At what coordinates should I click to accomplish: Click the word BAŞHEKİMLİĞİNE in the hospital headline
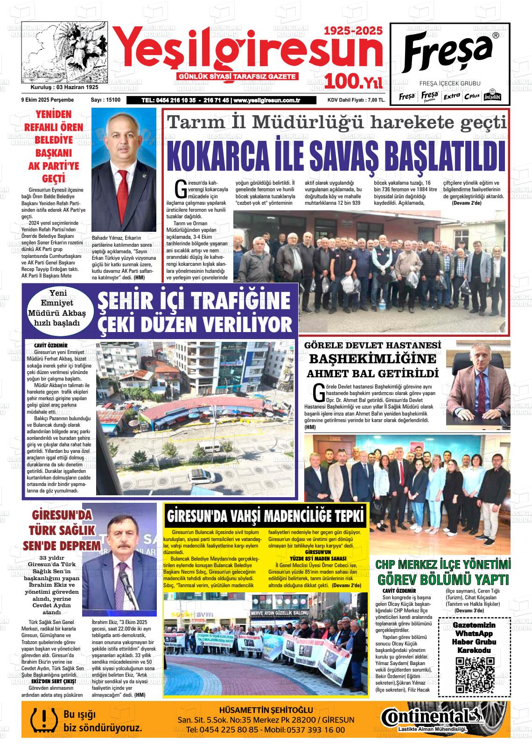pyautogui.click(x=372, y=359)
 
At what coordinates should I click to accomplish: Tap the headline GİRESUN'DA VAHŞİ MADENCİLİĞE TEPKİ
pyautogui.click(x=265, y=516)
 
